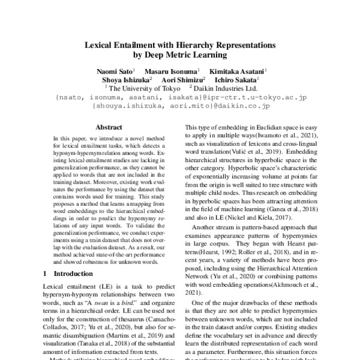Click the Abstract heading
pyautogui.click(x=109, y=127)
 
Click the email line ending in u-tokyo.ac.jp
pyautogui.click(x=181, y=96)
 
